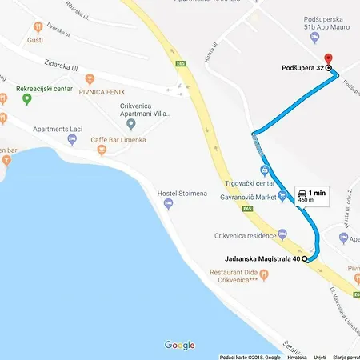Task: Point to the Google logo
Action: coord(180,345)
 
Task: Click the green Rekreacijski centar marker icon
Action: coord(27,99)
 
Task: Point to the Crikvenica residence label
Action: coord(245,236)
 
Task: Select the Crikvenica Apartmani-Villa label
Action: coord(145,110)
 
